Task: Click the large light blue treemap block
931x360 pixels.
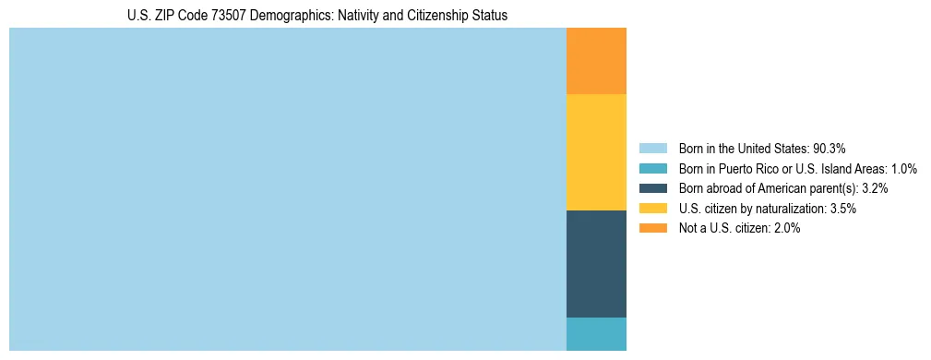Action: pos(287,189)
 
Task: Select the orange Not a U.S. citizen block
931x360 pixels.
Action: pos(596,61)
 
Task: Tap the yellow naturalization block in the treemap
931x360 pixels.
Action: pos(596,152)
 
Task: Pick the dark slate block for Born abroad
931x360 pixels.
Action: pos(596,264)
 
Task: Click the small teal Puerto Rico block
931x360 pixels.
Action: pos(596,334)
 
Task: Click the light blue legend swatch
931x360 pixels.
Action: pos(652,149)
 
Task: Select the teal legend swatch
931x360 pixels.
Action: pos(652,169)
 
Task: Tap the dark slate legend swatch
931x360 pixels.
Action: pos(652,188)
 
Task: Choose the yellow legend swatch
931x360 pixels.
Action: pos(652,209)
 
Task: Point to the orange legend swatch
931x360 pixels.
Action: pos(652,229)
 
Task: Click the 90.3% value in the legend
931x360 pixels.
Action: pos(829,149)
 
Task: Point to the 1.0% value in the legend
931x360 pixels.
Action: pos(903,169)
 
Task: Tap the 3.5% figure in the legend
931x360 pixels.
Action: pos(842,209)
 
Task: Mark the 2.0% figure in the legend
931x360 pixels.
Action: pos(786,229)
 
